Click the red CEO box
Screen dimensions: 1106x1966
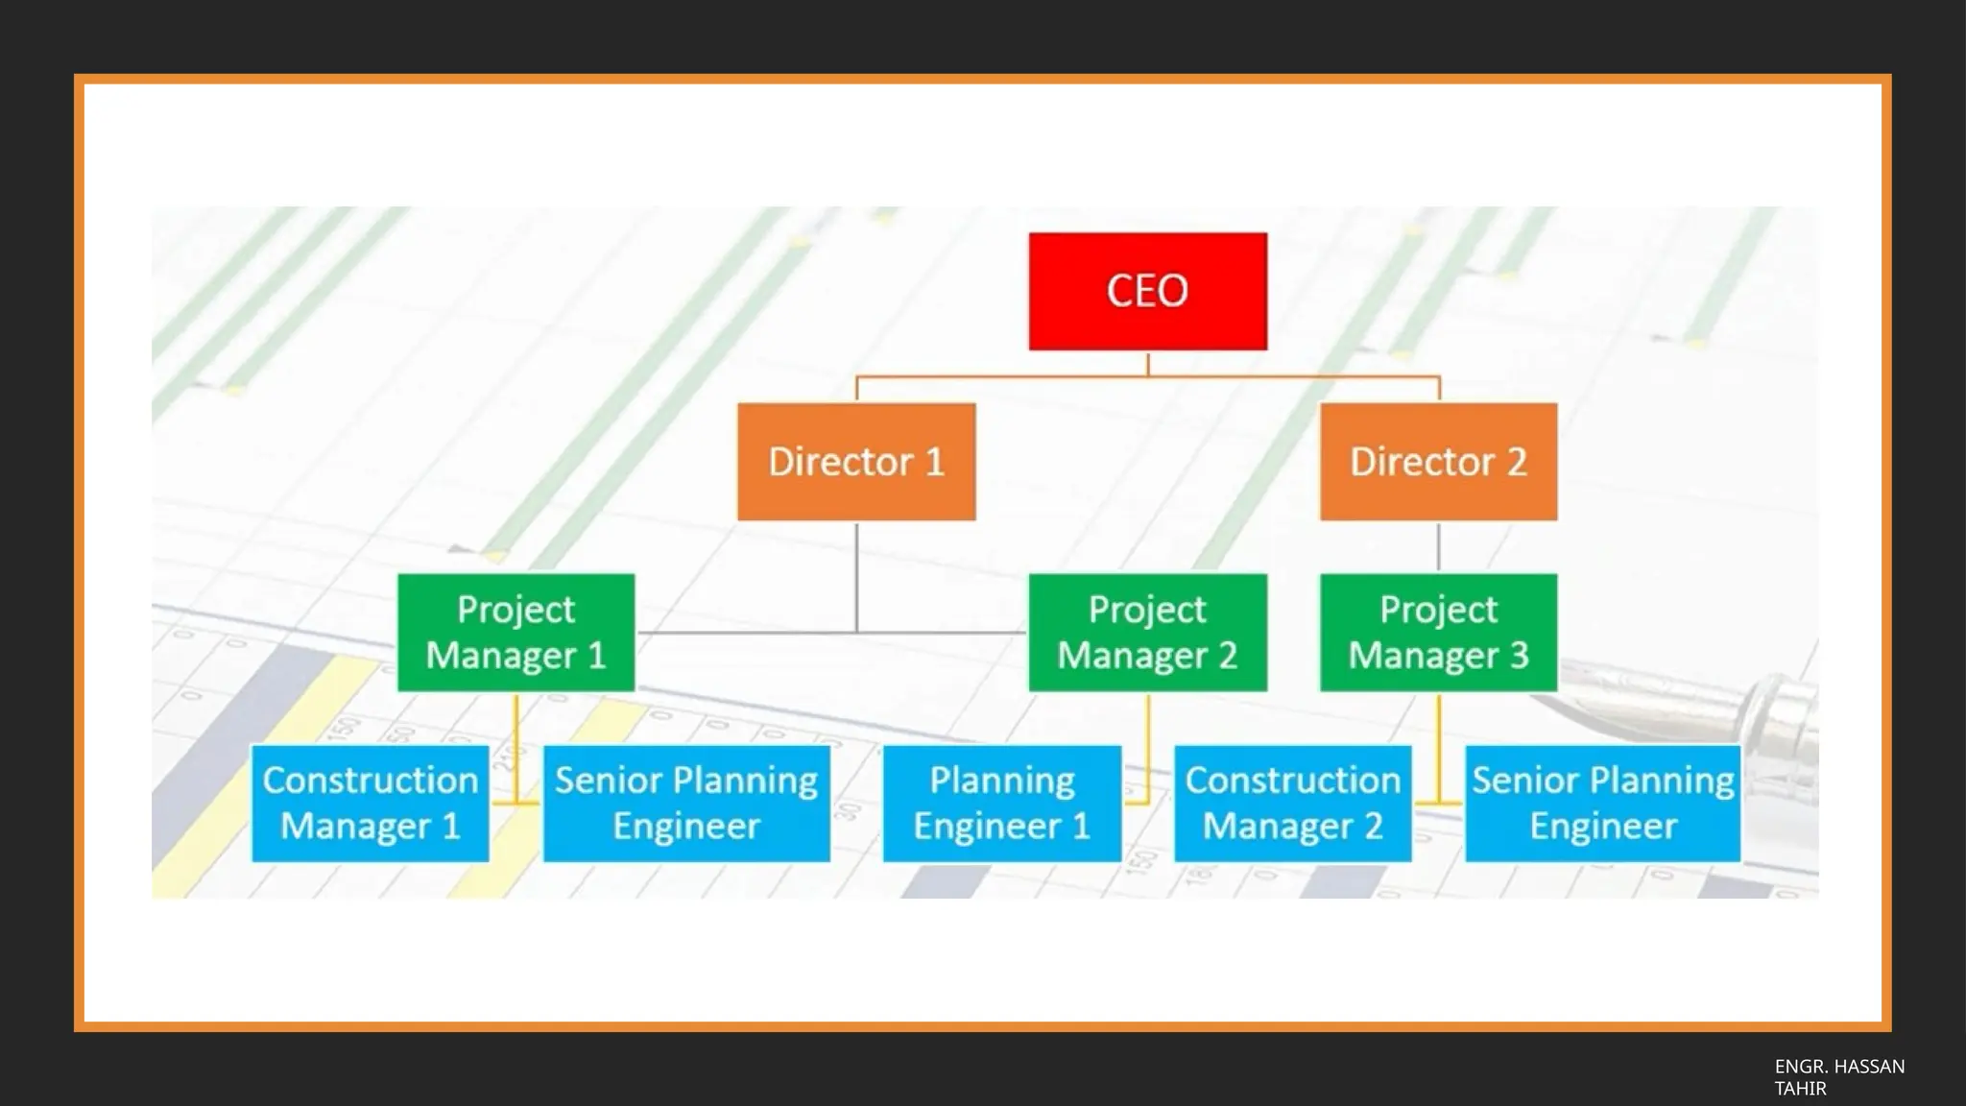(1147, 291)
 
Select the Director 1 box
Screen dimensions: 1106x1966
(856, 462)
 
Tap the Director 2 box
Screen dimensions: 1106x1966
(1438, 462)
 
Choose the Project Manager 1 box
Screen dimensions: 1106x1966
(515, 632)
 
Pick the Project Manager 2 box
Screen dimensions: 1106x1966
(1147, 632)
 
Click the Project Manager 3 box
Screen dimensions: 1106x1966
(1438, 632)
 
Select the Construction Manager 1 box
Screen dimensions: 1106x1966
(370, 803)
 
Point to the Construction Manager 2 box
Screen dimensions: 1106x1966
(1292, 803)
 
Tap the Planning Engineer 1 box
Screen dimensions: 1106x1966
(1001, 803)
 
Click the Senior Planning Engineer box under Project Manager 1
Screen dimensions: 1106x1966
(686, 803)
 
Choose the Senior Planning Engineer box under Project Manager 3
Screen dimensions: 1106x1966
(1602, 803)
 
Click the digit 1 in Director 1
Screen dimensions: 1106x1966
(935, 463)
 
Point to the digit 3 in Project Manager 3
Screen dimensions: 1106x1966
(1519, 656)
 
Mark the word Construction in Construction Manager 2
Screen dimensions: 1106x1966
(1292, 780)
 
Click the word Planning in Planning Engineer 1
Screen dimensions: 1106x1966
(1001, 780)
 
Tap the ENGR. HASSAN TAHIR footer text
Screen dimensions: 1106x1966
(1838, 1077)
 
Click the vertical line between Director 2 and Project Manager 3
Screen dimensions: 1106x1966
(1438, 547)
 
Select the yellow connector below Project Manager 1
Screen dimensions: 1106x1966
(515, 749)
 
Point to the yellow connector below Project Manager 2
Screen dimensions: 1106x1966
(1147, 749)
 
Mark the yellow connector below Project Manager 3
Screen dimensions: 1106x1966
(1438, 749)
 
